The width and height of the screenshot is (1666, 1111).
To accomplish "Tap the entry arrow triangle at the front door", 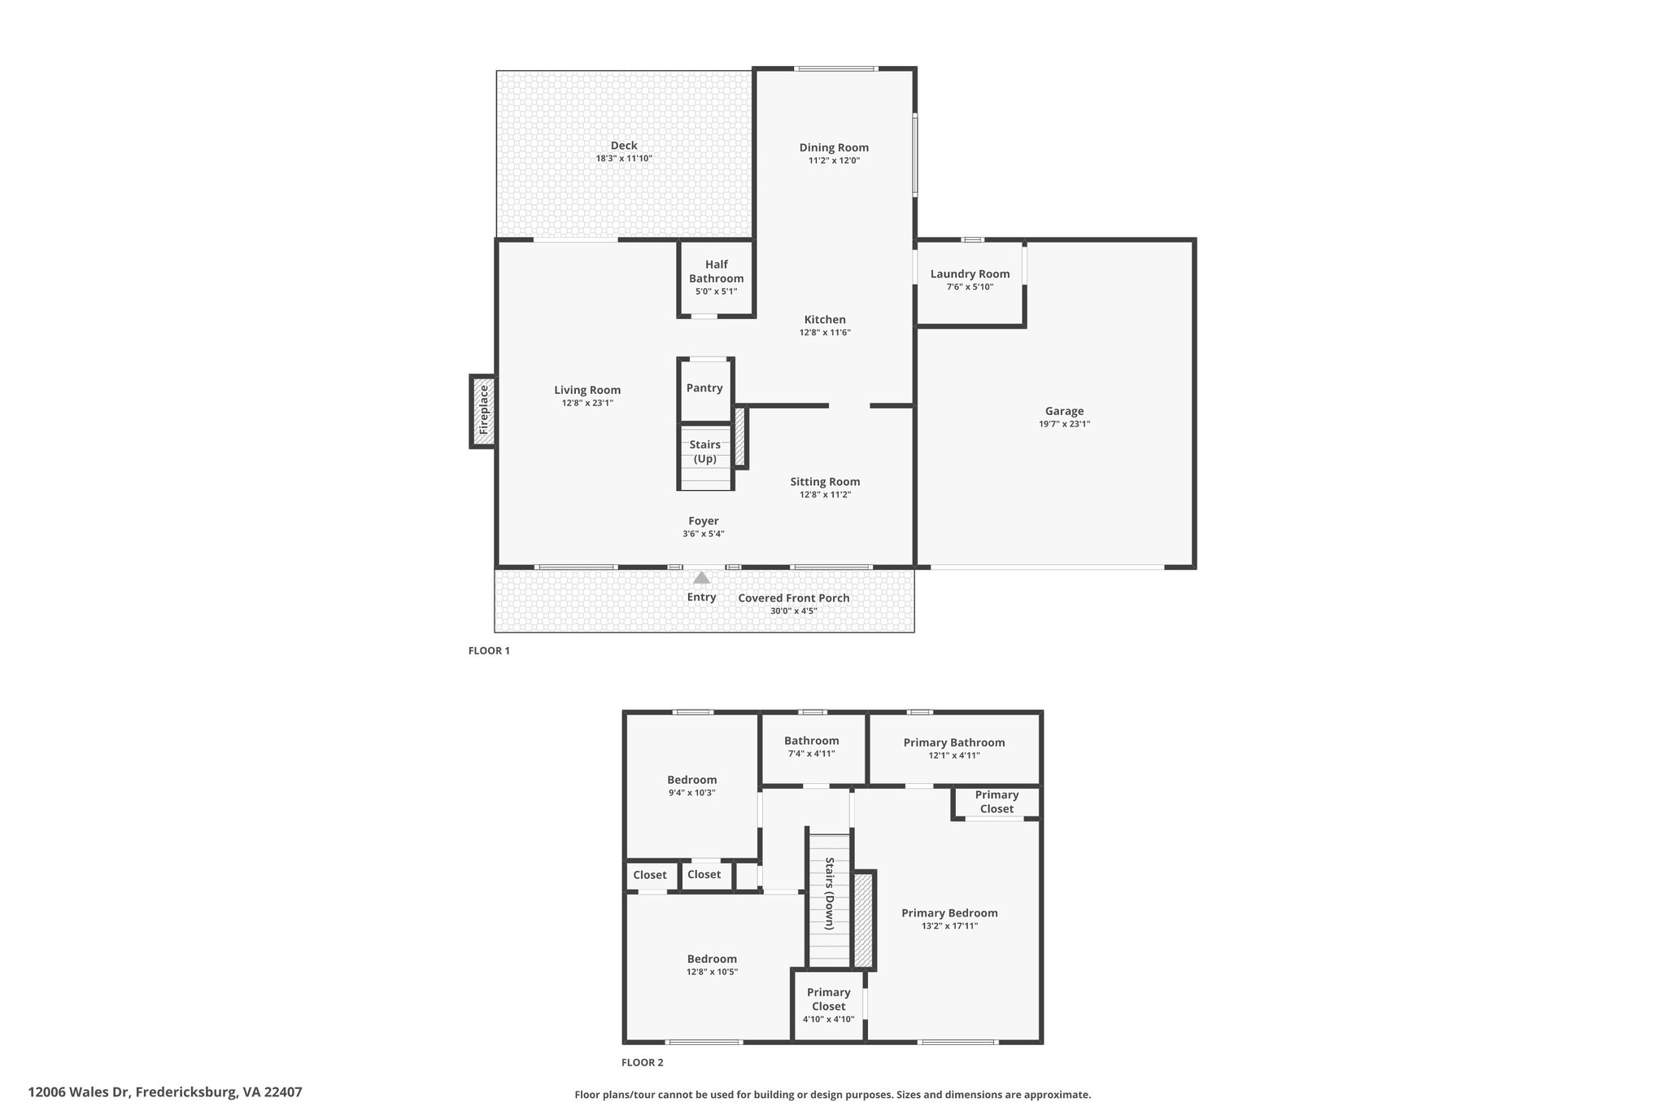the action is [x=701, y=578].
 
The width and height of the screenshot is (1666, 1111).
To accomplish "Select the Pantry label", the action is [x=704, y=388].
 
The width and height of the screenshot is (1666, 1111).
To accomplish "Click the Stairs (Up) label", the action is [x=705, y=452].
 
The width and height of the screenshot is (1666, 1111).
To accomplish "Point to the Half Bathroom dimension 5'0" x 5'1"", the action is [x=716, y=291].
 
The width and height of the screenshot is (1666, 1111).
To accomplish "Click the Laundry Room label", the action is [x=970, y=274].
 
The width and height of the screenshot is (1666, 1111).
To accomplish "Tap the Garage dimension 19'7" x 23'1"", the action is [x=1064, y=424].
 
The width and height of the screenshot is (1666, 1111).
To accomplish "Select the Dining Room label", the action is [x=834, y=147].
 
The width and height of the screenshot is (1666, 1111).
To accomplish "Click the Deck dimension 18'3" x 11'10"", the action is [x=624, y=159].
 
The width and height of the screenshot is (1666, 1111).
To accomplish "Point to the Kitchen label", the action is [x=825, y=320].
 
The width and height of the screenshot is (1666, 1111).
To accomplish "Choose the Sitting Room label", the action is [x=825, y=482].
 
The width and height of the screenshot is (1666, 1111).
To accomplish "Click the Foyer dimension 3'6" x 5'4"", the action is [x=704, y=534].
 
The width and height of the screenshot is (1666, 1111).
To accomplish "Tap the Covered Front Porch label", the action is [x=794, y=598].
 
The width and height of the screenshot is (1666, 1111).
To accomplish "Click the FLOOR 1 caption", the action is [x=489, y=651].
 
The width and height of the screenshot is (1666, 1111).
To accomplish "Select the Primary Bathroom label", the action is [x=954, y=742].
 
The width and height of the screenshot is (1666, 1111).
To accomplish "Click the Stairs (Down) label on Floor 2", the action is [x=830, y=893].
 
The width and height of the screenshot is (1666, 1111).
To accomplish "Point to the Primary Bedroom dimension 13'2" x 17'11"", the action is [x=949, y=925].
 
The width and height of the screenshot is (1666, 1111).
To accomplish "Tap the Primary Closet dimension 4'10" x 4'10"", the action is [x=828, y=1019].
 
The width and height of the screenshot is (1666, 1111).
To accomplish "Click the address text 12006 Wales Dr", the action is [x=79, y=1092].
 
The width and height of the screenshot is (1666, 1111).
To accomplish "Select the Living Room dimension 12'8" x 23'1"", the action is [x=587, y=403].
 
